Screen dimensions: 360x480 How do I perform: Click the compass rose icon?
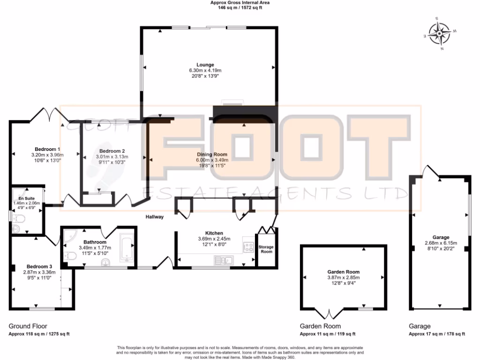[x=440, y=33]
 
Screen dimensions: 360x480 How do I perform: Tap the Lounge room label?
[x=205, y=65]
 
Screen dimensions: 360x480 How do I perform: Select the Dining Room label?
[x=211, y=154]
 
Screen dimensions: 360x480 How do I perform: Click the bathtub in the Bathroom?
[x=127, y=247]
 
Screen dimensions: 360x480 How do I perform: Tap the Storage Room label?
[x=266, y=249]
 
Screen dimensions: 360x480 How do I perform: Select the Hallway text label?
[x=154, y=217]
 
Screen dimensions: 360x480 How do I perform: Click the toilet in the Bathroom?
[x=70, y=256]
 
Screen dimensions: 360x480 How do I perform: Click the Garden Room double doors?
[x=329, y=313]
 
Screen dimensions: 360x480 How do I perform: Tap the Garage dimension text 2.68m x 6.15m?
[x=441, y=243]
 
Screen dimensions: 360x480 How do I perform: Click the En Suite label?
[x=26, y=198]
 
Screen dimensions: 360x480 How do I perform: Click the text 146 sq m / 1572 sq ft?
[x=240, y=9]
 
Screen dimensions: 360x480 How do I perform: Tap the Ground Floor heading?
[x=28, y=326]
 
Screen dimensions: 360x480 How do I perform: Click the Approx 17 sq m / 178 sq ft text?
[x=436, y=334]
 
